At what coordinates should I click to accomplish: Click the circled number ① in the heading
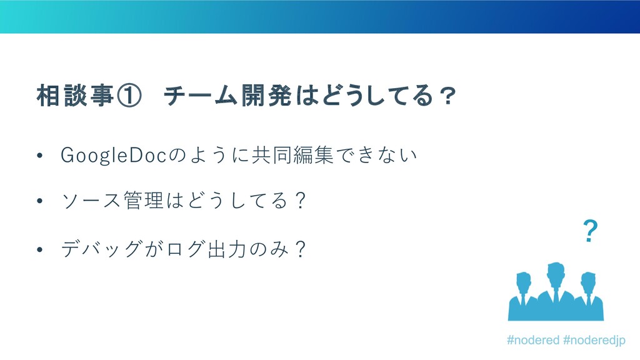pos(129,96)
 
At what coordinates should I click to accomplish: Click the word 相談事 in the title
pos(75,96)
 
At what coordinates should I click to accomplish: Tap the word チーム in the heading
pos(201,96)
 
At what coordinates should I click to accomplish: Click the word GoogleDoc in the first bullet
pos(114,156)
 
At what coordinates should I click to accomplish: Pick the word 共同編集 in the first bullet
pos(292,155)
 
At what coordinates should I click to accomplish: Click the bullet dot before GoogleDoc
pos(39,156)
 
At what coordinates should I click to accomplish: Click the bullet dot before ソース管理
pos(39,201)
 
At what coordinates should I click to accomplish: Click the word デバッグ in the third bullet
pos(102,249)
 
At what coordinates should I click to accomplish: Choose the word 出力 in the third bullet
pos(226,249)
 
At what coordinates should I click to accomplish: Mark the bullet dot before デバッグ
pos(39,249)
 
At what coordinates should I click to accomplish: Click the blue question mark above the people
pos(591,231)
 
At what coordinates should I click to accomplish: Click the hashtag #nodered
pos(533,340)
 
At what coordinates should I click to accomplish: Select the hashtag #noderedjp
pos(594,341)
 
